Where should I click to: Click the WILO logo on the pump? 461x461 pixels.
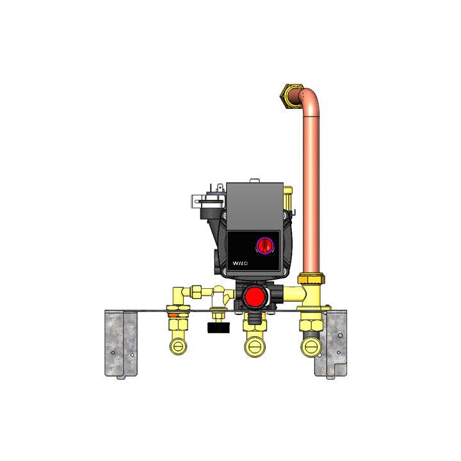(240, 263)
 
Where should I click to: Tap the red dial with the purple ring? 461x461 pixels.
(265, 245)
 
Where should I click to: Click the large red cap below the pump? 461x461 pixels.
(255, 296)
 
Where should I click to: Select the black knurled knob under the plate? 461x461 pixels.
(218, 328)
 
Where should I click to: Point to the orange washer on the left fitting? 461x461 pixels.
(173, 315)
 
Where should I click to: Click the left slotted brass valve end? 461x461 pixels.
(178, 346)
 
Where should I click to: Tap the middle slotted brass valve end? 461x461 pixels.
(255, 347)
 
